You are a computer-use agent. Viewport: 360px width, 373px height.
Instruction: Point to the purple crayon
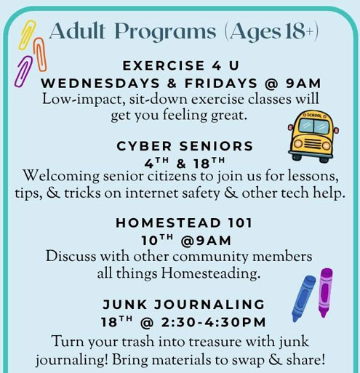tap(325, 292)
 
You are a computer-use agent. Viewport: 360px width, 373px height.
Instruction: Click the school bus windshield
tap(313, 127)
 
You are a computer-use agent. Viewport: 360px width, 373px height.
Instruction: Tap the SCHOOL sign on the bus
tap(314, 116)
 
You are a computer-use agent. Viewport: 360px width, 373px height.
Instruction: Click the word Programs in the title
tap(167, 32)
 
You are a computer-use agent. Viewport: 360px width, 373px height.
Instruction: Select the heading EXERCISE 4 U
tap(181, 66)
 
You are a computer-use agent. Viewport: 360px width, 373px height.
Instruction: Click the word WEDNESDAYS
tap(100, 84)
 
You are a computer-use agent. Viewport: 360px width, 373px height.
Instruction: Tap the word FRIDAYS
tap(221, 84)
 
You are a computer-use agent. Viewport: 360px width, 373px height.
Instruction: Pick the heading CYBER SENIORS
tap(185, 146)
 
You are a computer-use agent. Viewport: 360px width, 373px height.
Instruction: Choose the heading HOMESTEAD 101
tap(184, 223)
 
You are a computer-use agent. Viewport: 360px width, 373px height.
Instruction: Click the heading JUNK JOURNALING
tap(183, 305)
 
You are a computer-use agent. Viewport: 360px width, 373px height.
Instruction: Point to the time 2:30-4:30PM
tap(213, 322)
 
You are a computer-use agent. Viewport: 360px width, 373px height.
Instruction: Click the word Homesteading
tap(211, 273)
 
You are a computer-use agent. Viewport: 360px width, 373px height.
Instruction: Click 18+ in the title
tap(300, 31)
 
